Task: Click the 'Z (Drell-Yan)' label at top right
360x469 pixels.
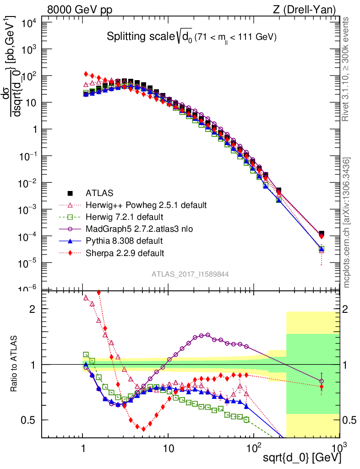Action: pos(308,10)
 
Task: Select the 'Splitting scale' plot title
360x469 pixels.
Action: pos(191,37)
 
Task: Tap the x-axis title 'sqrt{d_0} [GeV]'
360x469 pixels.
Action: pos(302,458)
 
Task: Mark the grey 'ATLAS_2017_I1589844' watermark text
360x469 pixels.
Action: pos(191,274)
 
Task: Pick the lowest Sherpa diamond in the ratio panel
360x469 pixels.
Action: pos(144,429)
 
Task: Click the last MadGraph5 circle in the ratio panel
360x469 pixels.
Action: pos(322,381)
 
